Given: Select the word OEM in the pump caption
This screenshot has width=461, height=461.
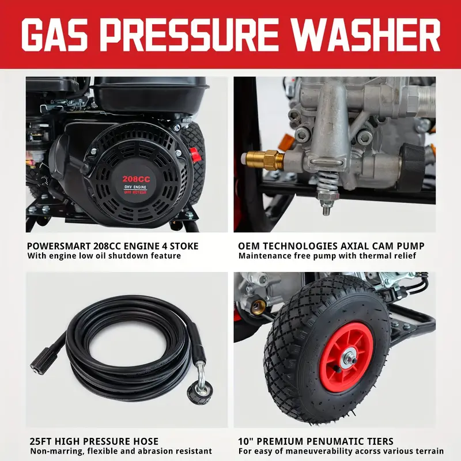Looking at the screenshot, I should pyautogui.click(x=248, y=246).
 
